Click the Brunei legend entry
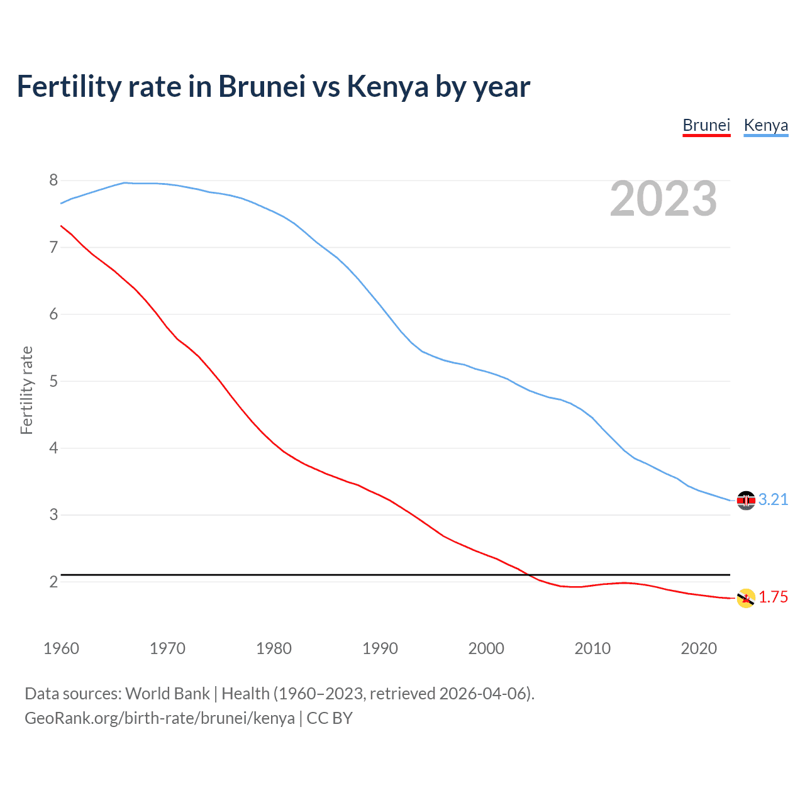pyautogui.click(x=706, y=125)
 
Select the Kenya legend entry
pyautogui.click(x=765, y=125)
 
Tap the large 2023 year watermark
pyautogui.click(x=663, y=199)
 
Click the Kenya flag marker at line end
pyautogui.click(x=746, y=500)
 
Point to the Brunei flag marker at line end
pyautogui.click(x=746, y=598)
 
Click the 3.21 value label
pyautogui.click(x=773, y=499)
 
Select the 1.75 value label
pyautogui.click(x=773, y=597)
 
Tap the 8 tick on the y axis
pyautogui.click(x=53, y=180)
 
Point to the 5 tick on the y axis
pyautogui.click(x=53, y=381)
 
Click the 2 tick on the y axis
pyautogui.click(x=53, y=582)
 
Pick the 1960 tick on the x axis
pyautogui.click(x=61, y=648)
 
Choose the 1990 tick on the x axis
pyautogui.click(x=380, y=648)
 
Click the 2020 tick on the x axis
pyautogui.click(x=699, y=648)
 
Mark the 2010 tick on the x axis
pyautogui.click(x=592, y=648)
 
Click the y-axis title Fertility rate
pyautogui.click(x=26, y=390)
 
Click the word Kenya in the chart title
pyautogui.click(x=387, y=87)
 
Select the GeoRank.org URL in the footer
pyautogui.click(x=160, y=718)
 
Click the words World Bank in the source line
pyautogui.click(x=167, y=694)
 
